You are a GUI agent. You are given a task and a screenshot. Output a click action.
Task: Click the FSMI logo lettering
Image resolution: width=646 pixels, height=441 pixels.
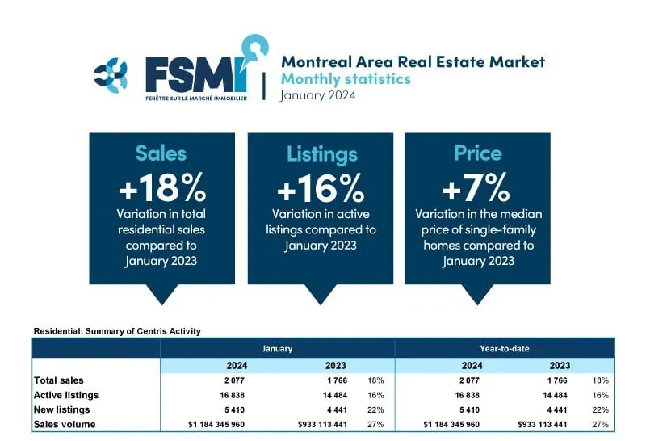click(x=197, y=74)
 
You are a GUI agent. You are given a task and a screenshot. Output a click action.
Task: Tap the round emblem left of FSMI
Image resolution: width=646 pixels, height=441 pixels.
click(x=111, y=74)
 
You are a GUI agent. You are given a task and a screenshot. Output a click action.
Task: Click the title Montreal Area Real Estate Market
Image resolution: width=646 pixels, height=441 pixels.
click(x=413, y=62)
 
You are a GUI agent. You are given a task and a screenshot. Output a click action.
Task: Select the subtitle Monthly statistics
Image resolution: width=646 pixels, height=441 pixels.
click(x=346, y=78)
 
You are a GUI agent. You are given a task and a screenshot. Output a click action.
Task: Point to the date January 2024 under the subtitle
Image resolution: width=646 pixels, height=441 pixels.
click(x=317, y=95)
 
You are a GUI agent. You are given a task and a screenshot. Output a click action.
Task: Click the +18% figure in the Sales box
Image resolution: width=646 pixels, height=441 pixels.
click(x=162, y=187)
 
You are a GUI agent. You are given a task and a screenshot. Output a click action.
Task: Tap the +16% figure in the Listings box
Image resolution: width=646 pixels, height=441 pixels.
click(x=321, y=188)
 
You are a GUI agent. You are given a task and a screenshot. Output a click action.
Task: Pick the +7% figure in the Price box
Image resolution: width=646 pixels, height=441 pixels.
click(x=476, y=187)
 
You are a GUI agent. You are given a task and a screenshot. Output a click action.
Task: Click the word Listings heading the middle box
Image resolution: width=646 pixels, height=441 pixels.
click(x=321, y=154)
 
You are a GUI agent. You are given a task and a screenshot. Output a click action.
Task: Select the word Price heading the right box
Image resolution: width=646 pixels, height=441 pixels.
click(x=477, y=153)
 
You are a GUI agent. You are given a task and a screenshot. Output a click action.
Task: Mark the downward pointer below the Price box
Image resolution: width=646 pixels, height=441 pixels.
click(x=477, y=294)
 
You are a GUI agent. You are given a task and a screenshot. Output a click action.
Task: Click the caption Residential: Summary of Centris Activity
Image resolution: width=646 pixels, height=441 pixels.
click(x=117, y=331)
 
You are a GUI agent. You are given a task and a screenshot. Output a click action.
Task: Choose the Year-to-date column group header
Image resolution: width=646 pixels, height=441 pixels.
click(x=504, y=349)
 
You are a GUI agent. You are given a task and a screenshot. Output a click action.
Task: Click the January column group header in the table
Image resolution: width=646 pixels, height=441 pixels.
click(x=277, y=349)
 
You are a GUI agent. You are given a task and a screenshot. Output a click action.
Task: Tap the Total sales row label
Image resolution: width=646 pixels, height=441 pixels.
click(x=58, y=380)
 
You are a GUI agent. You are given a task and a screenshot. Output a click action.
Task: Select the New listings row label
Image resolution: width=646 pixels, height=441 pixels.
click(x=62, y=409)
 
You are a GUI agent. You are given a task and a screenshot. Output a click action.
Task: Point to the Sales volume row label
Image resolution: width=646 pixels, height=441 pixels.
click(x=65, y=425)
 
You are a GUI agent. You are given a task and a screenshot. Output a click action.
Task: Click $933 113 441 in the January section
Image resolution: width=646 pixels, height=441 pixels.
click(x=322, y=425)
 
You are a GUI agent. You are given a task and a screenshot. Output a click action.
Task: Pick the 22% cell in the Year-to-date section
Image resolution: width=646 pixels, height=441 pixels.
click(x=600, y=410)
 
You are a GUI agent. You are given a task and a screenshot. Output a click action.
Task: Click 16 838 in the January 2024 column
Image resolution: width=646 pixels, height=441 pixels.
click(x=232, y=395)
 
